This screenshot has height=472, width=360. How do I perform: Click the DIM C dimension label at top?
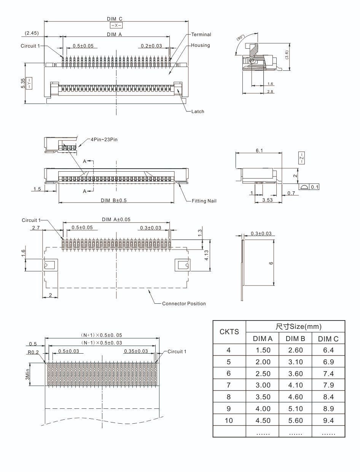(x=115, y=19)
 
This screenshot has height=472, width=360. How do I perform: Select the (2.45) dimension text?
(x=32, y=33)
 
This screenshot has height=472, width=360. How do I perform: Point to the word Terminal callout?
(x=201, y=35)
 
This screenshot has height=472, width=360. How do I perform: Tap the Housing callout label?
(x=200, y=45)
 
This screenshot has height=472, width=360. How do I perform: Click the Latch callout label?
(x=198, y=112)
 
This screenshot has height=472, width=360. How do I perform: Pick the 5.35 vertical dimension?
(x=23, y=83)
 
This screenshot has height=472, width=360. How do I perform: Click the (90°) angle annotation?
(x=240, y=38)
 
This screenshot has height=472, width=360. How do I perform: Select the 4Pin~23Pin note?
(x=104, y=140)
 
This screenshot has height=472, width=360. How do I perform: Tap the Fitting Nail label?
(x=204, y=201)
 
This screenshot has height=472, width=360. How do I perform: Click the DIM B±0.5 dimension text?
(x=114, y=201)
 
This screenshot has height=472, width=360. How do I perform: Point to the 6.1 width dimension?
(x=259, y=150)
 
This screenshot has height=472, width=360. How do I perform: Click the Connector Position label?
(x=184, y=304)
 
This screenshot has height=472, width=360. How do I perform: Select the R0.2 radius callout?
(x=33, y=352)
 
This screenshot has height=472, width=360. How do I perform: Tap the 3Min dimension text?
(x=28, y=374)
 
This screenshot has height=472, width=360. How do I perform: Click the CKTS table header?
(x=229, y=332)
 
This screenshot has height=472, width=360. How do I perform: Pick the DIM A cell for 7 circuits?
(x=263, y=385)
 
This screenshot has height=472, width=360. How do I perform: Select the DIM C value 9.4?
(x=328, y=421)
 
